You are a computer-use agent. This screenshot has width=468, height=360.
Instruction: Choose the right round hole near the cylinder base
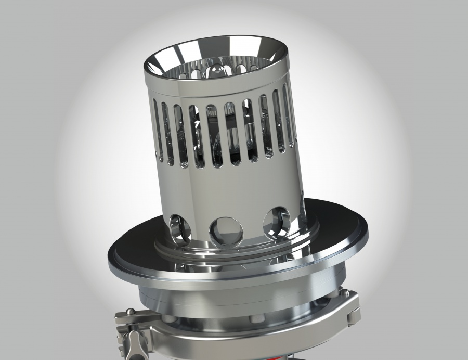pyautogui.click(x=276, y=221)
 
